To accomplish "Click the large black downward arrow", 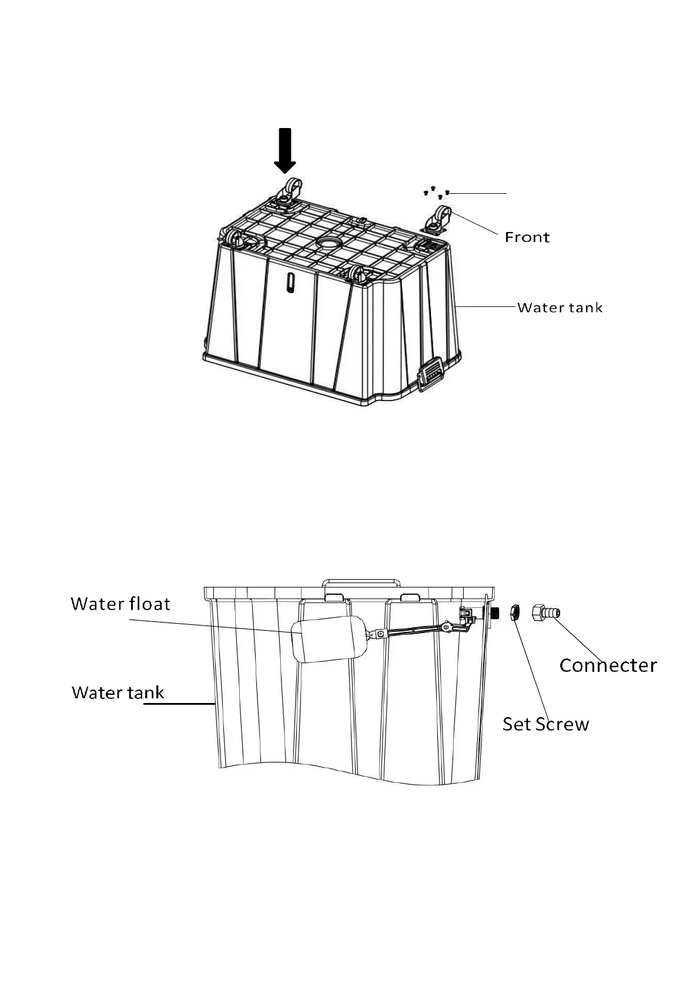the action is click(x=285, y=150).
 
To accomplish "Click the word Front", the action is click(x=527, y=237).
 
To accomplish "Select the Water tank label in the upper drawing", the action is click(x=560, y=308).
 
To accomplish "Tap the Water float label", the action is click(x=120, y=604).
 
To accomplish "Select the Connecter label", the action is click(x=608, y=665).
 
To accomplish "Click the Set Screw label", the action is click(x=545, y=724).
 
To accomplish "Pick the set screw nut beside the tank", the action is click(x=514, y=613).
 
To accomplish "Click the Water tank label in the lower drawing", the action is click(x=118, y=692).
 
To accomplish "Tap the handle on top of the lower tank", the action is click(x=361, y=583).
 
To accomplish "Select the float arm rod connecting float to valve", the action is click(x=411, y=631).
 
